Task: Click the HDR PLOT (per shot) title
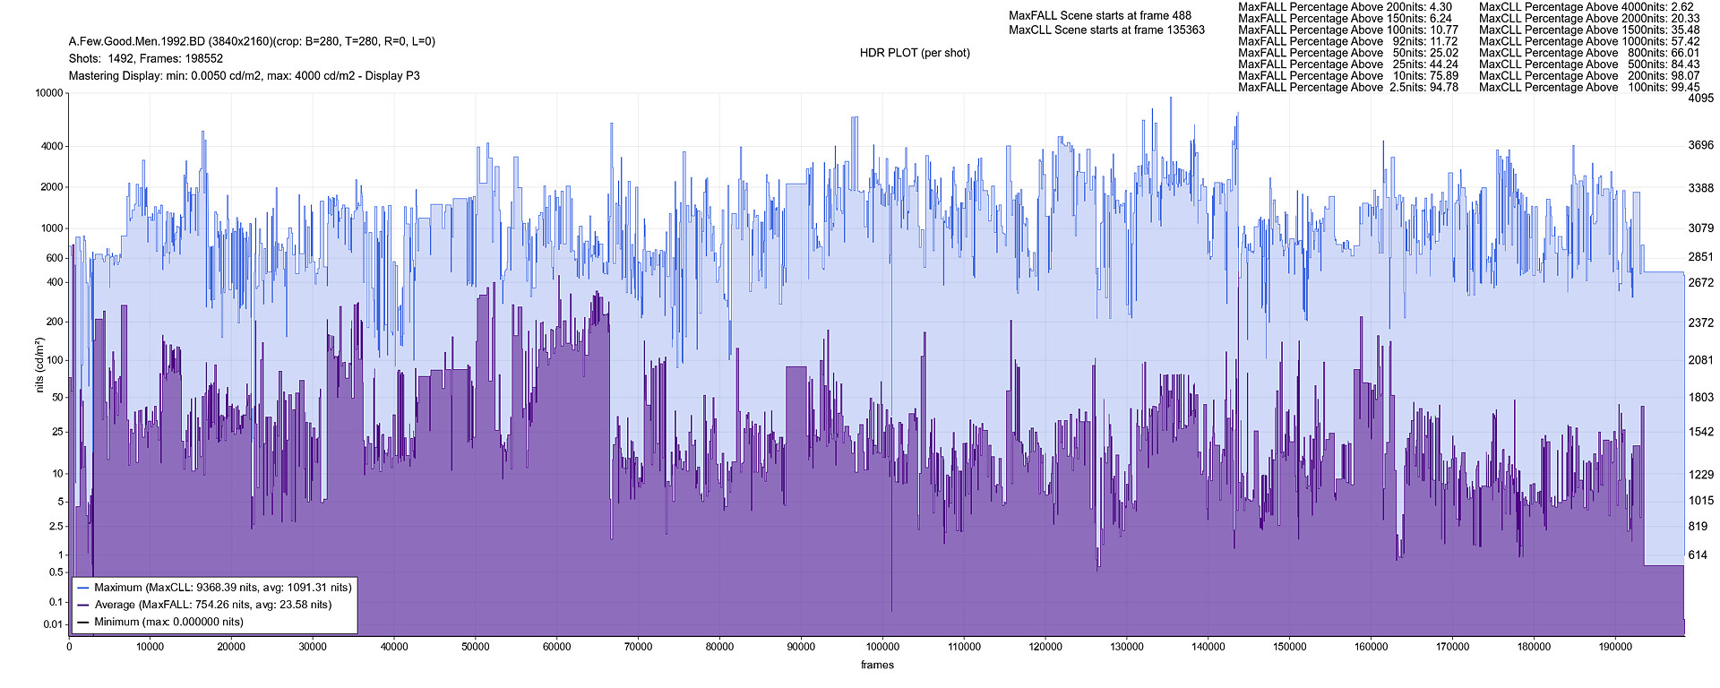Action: click(915, 53)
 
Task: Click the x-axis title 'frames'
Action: click(877, 665)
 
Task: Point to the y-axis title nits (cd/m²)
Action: click(39, 365)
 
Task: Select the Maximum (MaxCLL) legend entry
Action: click(222, 588)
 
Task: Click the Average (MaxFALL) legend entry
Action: click(212, 605)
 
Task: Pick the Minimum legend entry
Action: click(168, 622)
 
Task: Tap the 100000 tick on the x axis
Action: click(882, 647)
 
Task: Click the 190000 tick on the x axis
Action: click(1614, 647)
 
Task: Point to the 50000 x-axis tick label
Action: click(476, 647)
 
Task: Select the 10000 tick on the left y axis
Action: click(49, 93)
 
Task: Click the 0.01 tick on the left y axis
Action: click(53, 624)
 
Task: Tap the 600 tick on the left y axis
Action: click(55, 258)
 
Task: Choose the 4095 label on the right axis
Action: click(1700, 99)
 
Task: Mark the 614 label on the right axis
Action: click(1698, 555)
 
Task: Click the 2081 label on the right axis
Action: click(1700, 360)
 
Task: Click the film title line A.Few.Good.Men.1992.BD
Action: click(252, 41)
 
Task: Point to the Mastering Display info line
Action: click(244, 76)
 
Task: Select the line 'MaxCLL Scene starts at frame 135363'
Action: click(1106, 30)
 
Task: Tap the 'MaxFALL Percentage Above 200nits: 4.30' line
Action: click(1345, 7)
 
